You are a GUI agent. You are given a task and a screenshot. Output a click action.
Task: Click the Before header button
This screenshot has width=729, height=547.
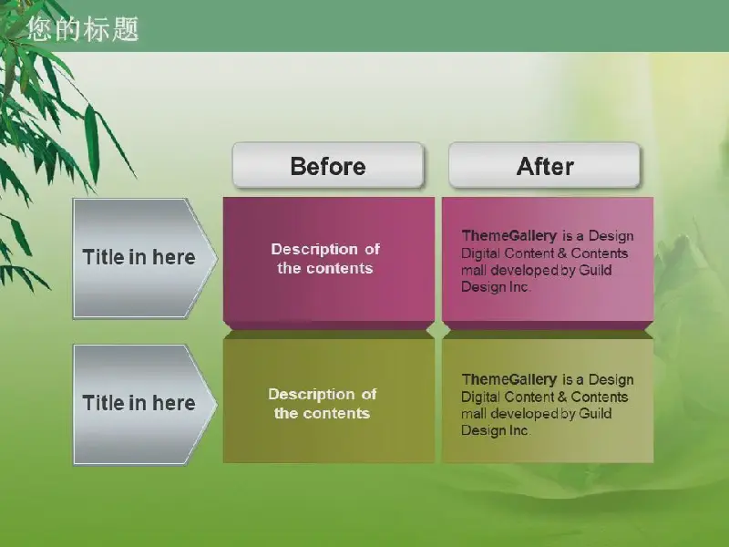click(328, 165)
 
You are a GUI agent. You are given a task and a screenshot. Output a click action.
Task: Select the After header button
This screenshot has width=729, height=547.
click(544, 165)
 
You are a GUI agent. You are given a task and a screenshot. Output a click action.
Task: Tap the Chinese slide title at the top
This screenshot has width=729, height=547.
click(83, 29)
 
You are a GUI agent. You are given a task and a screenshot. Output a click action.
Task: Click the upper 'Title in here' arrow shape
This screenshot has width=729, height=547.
click(145, 258)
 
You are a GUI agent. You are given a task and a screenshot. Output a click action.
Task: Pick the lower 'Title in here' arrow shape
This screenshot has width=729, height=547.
click(145, 404)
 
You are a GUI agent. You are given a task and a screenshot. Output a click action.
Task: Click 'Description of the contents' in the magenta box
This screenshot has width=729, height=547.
click(325, 259)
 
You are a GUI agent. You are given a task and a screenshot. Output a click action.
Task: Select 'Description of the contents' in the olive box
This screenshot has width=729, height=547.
click(323, 404)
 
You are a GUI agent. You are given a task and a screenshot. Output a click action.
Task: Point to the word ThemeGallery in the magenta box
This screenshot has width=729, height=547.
click(509, 236)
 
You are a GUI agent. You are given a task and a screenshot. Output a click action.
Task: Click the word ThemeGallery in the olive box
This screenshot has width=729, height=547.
click(509, 379)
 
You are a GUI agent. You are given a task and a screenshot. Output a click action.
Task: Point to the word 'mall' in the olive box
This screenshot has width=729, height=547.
click(474, 414)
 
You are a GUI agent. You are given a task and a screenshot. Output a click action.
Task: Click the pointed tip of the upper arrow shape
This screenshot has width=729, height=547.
click(217, 258)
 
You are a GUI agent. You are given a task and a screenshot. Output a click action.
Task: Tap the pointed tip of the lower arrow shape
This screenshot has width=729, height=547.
click(217, 404)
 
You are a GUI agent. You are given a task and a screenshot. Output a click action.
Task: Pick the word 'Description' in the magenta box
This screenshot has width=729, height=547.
click(314, 250)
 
